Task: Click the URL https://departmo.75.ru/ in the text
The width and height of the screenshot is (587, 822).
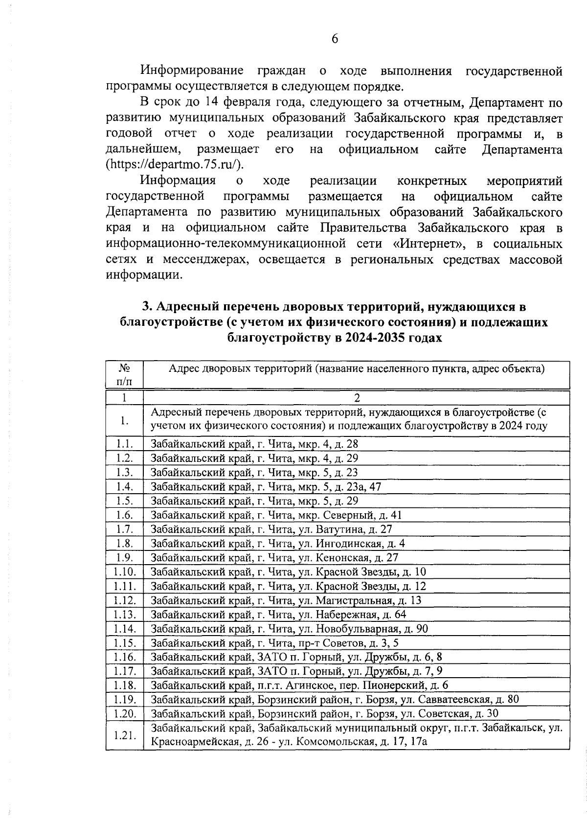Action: point(175,164)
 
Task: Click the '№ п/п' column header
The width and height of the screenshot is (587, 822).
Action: point(124,374)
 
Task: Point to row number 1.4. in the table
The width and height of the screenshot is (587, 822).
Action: point(124,486)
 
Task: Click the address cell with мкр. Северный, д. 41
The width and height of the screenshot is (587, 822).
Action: point(276,515)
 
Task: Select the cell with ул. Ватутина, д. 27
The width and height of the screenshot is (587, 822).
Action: point(271,529)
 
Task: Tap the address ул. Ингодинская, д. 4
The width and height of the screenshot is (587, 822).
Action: point(278,543)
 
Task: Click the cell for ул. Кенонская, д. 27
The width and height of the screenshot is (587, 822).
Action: point(274,557)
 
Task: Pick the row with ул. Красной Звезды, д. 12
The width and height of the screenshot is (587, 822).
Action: point(288,586)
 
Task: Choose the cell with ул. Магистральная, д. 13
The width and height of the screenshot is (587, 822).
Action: point(286,600)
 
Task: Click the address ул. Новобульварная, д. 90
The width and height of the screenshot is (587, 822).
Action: point(289,628)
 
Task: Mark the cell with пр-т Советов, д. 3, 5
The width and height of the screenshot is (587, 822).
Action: point(275,642)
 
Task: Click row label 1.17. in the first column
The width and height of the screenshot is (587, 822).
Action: point(124,671)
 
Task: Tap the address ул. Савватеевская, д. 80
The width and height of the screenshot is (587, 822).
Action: point(335,699)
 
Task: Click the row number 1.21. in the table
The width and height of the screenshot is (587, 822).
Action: point(124,735)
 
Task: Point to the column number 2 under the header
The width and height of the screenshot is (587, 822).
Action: point(357,398)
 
